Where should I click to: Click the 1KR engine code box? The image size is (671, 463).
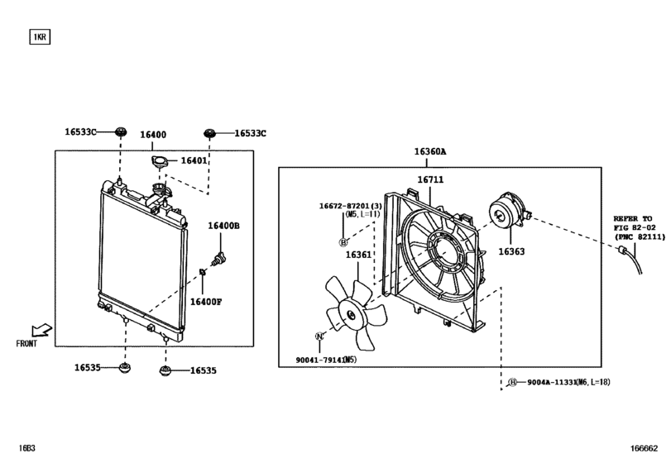[40, 36]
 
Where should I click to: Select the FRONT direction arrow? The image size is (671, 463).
[41, 330]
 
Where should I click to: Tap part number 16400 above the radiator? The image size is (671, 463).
[153, 135]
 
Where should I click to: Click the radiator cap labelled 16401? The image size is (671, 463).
[160, 162]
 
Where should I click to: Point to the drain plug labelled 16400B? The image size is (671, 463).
[219, 259]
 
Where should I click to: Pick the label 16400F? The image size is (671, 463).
[206, 302]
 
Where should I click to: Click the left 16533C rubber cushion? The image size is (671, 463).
[121, 131]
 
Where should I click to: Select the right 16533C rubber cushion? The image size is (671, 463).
[209, 133]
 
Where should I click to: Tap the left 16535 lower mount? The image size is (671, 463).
[125, 368]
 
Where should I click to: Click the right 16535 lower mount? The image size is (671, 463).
[165, 370]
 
